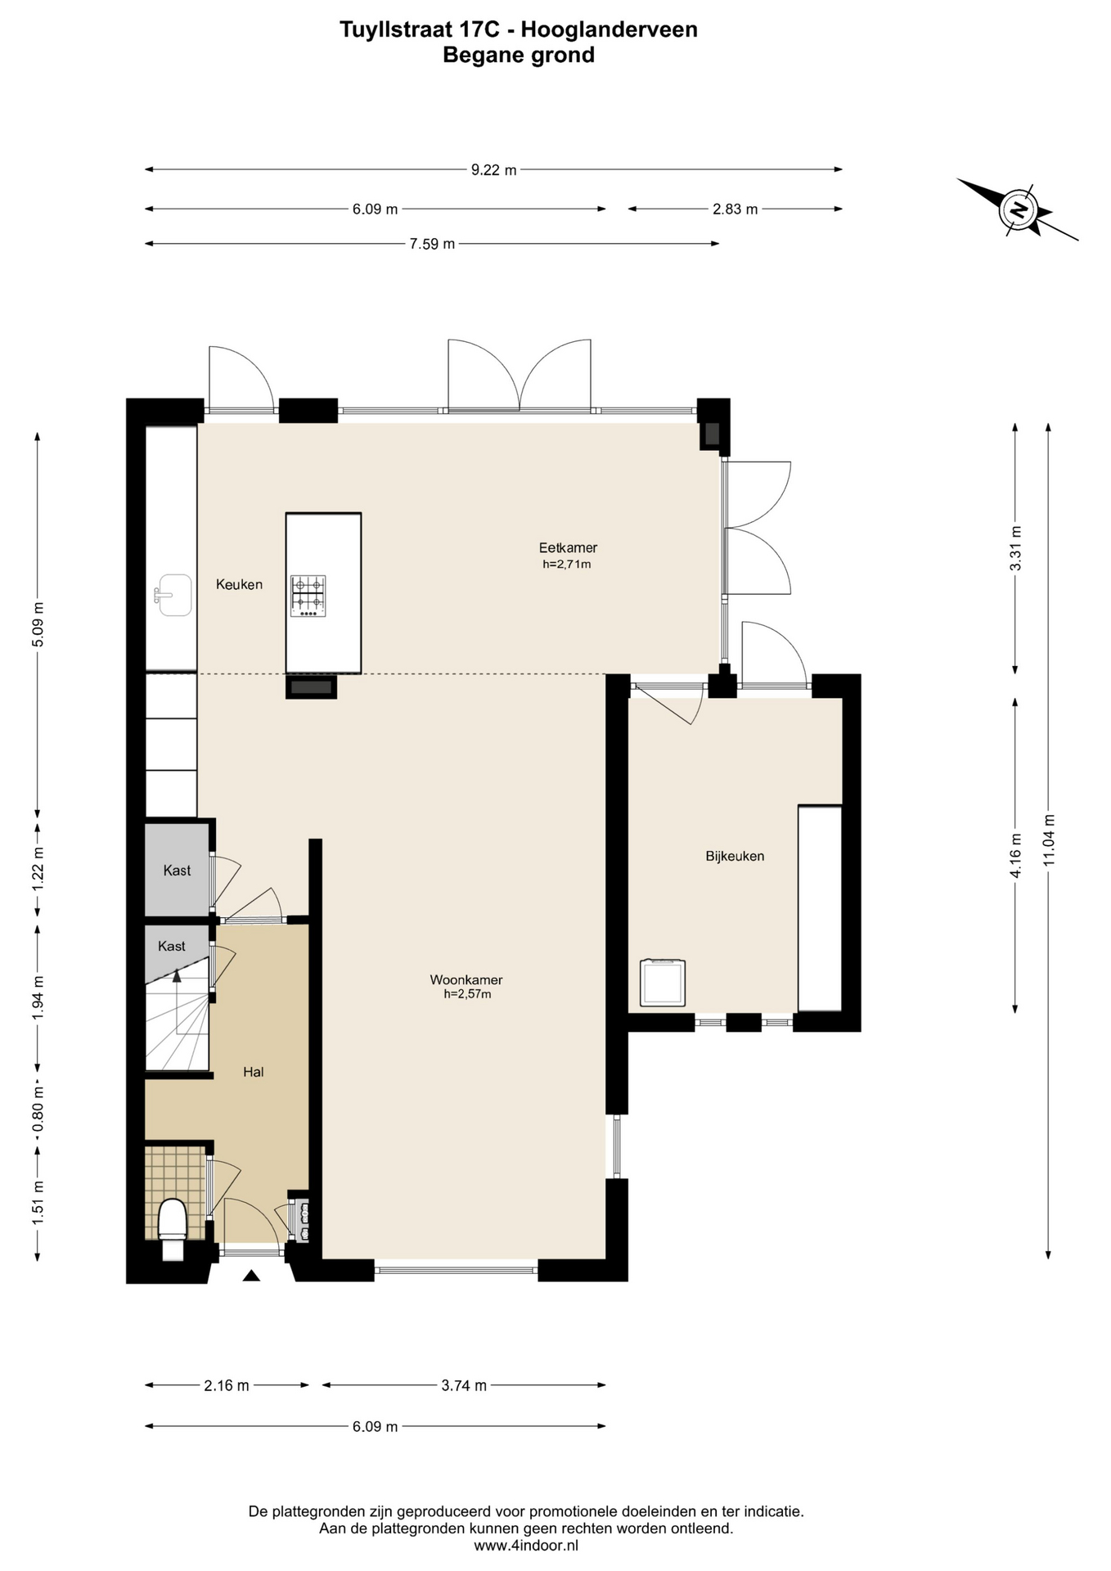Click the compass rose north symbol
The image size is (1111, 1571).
1019,209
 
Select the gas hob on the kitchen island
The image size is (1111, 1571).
308,596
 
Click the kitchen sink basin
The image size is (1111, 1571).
173,595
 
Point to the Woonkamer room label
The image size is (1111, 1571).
466,979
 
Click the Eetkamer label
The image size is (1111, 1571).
568,547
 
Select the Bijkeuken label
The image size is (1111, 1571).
735,856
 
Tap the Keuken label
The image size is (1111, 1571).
239,584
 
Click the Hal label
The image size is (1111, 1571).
254,1072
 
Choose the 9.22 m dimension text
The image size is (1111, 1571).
493,170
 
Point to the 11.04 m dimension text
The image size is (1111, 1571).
1050,840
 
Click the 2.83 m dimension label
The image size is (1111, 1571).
735,209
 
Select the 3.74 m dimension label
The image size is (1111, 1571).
464,1385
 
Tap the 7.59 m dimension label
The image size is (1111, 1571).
432,244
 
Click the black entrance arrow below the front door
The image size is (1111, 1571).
251,1275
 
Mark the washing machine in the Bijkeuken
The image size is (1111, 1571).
663,982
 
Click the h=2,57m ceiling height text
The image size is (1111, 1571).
467,994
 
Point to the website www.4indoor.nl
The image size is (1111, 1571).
526,1546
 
